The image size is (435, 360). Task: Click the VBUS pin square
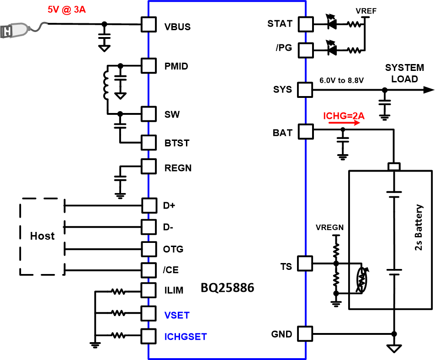pyautogui.click(x=149, y=25)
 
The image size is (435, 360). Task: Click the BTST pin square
pyautogui.click(x=149, y=142)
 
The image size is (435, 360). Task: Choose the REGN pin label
pyautogui.click(x=178, y=168)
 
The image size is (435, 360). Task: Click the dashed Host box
pyautogui.click(x=42, y=236)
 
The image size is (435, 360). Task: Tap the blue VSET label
pyautogui.click(x=177, y=315)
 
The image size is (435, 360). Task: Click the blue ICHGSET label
pyautogui.click(x=186, y=337)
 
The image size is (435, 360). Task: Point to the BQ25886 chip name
pyautogui.click(x=227, y=289)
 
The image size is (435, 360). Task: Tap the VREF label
pyautogui.click(x=366, y=11)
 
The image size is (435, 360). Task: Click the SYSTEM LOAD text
pyautogui.click(x=401, y=73)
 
